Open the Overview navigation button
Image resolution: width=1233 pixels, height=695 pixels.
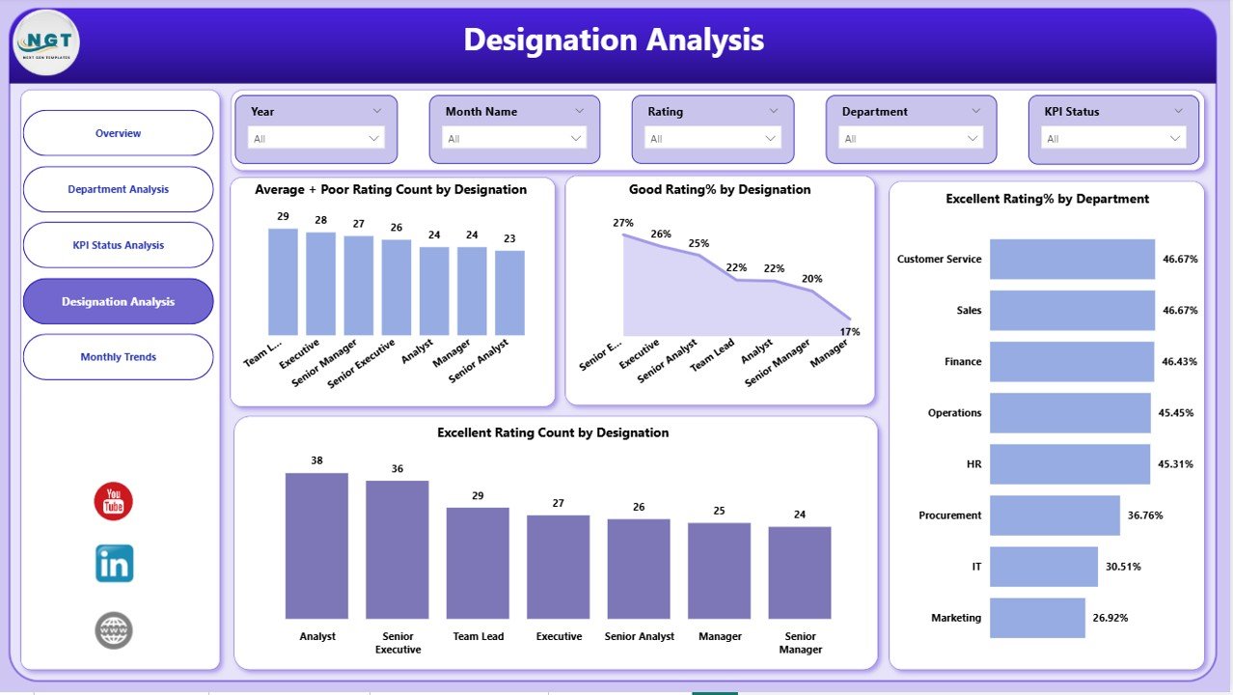pyautogui.click(x=118, y=133)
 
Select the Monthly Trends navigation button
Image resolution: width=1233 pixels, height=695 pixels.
pyautogui.click(x=118, y=357)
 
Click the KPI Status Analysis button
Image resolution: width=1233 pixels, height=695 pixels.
pyautogui.click(x=118, y=245)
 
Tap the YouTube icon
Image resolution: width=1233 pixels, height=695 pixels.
pyautogui.click(x=114, y=502)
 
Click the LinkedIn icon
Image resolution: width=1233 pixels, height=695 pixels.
pyautogui.click(x=114, y=564)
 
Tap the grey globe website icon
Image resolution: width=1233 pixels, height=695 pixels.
pyautogui.click(x=114, y=630)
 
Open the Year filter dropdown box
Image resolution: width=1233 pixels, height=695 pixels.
pyautogui.click(x=316, y=139)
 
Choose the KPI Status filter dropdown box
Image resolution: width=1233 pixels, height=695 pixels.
pyautogui.click(x=1113, y=139)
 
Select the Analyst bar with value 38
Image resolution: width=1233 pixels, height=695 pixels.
pyautogui.click(x=316, y=545)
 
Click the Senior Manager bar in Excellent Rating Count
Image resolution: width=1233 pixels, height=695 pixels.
pyautogui.click(x=800, y=572)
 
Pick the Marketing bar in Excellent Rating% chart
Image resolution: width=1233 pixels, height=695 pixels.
pyautogui.click(x=1037, y=618)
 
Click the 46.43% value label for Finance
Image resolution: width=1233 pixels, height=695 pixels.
pyautogui.click(x=1178, y=361)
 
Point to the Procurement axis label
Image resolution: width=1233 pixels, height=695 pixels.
pyautogui.click(x=949, y=515)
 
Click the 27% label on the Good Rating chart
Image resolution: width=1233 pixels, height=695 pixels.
pyautogui.click(x=622, y=223)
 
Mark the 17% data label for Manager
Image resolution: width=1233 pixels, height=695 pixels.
pyautogui.click(x=849, y=332)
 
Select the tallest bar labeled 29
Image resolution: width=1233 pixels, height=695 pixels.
pyautogui.click(x=283, y=282)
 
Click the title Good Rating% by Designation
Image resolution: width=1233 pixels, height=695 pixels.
pyautogui.click(x=720, y=190)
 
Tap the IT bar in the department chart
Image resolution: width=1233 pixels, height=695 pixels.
pyautogui.click(x=1043, y=567)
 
